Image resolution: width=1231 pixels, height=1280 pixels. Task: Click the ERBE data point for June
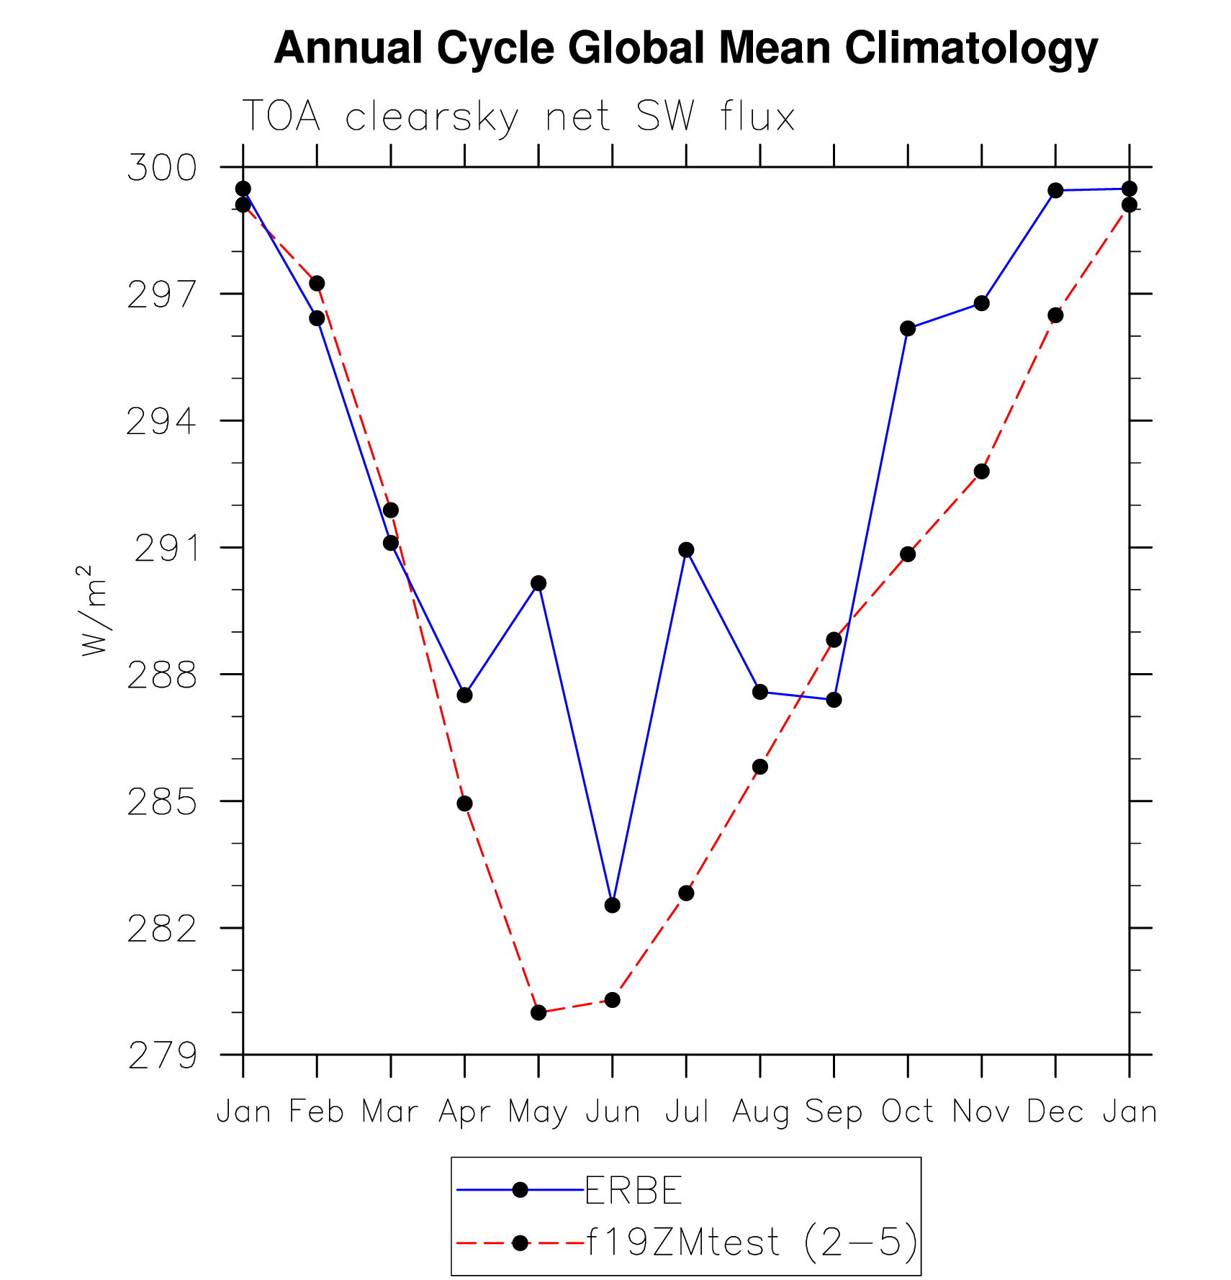(x=612, y=905)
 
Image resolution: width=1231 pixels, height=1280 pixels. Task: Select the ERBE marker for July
(x=686, y=550)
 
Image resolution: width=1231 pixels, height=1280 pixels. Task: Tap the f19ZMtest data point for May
(x=538, y=1012)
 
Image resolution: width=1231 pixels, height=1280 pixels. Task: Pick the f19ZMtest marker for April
(x=464, y=803)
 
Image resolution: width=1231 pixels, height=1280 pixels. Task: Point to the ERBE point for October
(x=908, y=328)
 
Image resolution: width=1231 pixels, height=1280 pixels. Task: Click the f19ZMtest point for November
(x=981, y=472)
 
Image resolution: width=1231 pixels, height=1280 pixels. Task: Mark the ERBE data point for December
(x=1055, y=190)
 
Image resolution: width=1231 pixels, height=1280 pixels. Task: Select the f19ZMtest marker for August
(x=760, y=767)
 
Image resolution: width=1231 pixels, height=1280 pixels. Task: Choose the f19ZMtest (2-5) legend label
(x=752, y=1242)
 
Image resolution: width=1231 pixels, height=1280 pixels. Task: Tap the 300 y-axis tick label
(x=162, y=168)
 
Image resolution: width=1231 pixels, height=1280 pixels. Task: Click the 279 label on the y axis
(x=163, y=1056)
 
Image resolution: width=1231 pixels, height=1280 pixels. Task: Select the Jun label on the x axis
(x=613, y=1112)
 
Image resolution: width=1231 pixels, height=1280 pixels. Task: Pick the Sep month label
(x=834, y=1112)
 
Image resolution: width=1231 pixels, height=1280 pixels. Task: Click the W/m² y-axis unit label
(x=93, y=610)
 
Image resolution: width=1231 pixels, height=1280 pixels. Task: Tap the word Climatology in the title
(x=971, y=48)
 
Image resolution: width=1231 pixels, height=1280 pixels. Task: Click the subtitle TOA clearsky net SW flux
(x=518, y=117)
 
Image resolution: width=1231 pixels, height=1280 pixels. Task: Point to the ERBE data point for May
(x=538, y=583)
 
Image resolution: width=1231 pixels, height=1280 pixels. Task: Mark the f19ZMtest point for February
(x=317, y=284)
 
